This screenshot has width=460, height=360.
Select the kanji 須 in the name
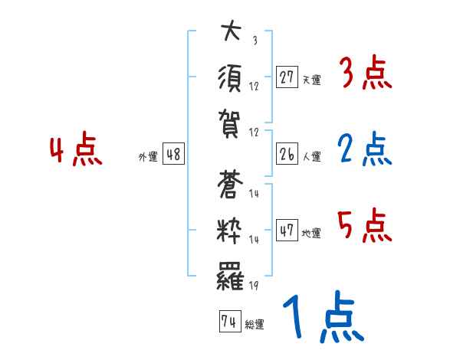(x=229, y=77)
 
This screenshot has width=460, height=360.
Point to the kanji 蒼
(x=229, y=185)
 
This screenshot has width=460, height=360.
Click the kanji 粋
(x=229, y=229)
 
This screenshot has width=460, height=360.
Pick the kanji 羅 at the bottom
(x=229, y=274)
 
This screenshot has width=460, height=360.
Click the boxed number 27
(x=287, y=78)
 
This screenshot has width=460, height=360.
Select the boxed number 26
(x=287, y=154)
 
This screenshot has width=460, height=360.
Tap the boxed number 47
(x=287, y=231)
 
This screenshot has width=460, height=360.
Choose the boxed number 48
(x=173, y=154)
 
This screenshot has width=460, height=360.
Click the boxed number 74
(x=228, y=322)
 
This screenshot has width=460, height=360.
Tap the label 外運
(x=147, y=156)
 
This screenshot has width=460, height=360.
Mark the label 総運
(x=255, y=324)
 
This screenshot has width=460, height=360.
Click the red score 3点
(x=363, y=74)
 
